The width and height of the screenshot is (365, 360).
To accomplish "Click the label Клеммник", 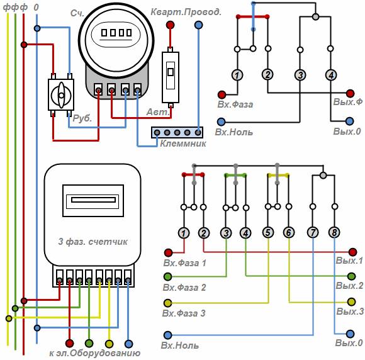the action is (183, 143).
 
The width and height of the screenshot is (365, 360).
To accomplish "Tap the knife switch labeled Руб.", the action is (61, 95).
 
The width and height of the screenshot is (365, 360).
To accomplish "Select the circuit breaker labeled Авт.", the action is (171, 77).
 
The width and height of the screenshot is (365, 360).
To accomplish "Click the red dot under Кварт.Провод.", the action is (170, 25).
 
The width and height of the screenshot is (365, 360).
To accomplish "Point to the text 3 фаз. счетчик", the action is (93, 242).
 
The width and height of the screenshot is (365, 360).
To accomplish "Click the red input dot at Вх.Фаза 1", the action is (168, 252).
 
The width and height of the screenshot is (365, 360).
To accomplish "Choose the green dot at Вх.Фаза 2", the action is (168, 276).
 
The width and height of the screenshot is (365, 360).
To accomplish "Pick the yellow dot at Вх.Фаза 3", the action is (168, 303).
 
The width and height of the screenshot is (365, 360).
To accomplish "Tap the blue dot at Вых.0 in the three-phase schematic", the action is (350, 334).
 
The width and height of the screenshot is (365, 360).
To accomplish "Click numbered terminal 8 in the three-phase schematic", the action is (334, 232).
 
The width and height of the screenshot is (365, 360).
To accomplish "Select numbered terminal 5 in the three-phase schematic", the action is (268, 232).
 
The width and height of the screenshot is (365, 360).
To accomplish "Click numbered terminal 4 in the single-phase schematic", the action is (331, 75).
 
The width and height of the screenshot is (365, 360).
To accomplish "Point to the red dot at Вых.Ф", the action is (350, 93).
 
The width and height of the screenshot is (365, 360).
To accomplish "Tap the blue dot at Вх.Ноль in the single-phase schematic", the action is (221, 121).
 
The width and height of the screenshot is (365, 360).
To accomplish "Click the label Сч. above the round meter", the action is (77, 13).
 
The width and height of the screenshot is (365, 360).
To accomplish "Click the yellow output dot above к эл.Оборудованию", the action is (109, 344).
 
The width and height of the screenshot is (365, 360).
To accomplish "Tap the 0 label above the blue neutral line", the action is (36, 7).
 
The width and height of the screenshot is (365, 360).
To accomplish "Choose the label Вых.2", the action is (349, 286).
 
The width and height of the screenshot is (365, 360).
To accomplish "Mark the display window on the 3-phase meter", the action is (93, 201).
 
